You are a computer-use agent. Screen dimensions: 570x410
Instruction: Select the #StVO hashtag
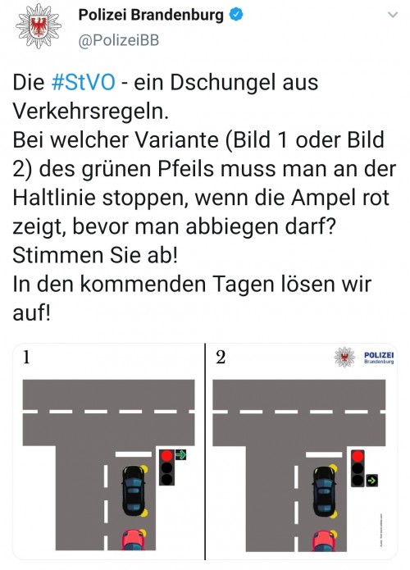pos(81,83)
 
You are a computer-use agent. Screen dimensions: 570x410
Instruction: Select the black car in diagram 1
pos(131,490)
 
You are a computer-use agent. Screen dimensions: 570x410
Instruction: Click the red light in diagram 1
pos(166,455)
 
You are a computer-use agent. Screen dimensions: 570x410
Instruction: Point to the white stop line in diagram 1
pos(133,453)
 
